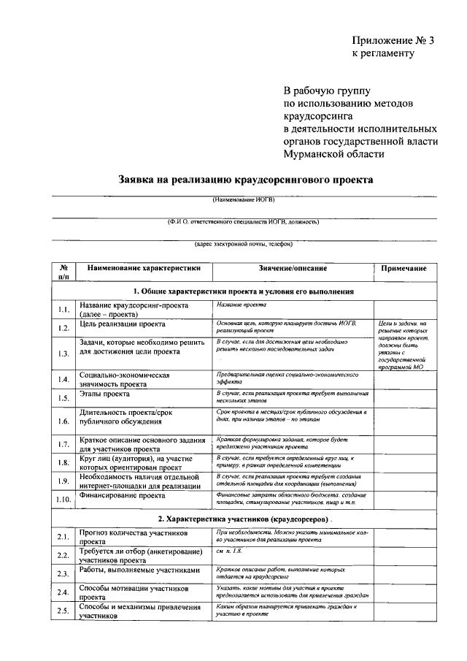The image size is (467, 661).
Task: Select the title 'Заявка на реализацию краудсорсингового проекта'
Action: click(x=246, y=179)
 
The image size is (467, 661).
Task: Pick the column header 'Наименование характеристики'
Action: click(x=144, y=269)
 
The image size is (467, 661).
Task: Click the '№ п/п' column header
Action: click(x=63, y=273)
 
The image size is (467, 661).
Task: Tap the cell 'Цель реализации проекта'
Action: click(x=123, y=323)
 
